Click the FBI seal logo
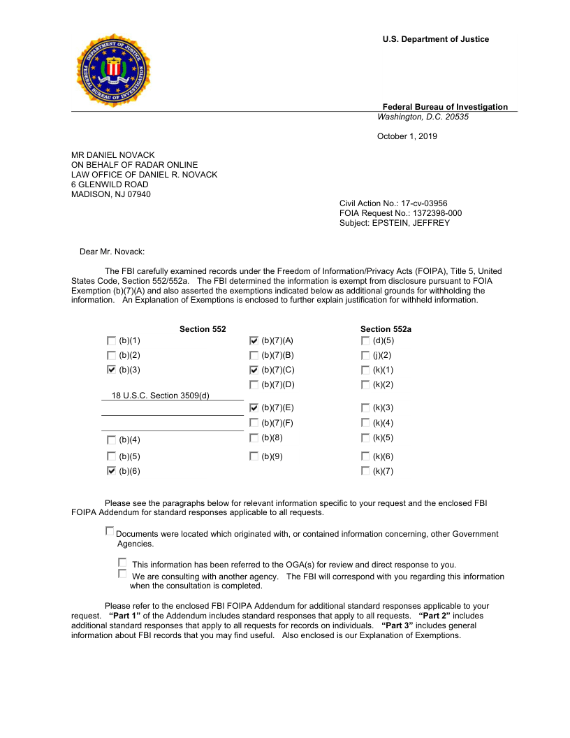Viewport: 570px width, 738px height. coord(112,70)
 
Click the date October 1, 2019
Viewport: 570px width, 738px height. coord(407,136)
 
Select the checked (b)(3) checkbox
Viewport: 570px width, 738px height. coord(112,370)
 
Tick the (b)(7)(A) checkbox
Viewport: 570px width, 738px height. coord(254,340)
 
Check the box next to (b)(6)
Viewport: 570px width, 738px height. coord(112,471)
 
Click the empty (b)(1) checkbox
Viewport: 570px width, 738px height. coord(112,340)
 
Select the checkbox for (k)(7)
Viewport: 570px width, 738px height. coord(365,471)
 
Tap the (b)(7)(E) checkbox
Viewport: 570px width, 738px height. coord(254,407)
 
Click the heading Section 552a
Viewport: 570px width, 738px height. coord(386,329)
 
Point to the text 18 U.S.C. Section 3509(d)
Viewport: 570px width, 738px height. coord(161,396)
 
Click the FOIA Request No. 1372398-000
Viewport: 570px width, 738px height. coord(400,213)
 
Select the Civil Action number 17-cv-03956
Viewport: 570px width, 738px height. coord(393,203)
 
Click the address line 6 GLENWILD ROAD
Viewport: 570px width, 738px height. coord(110,184)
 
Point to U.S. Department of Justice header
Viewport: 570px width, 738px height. coord(435,39)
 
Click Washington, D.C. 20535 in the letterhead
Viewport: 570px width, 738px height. coord(423,117)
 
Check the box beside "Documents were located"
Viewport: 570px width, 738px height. coord(110,531)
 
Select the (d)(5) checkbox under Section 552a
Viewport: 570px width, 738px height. coord(365,340)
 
